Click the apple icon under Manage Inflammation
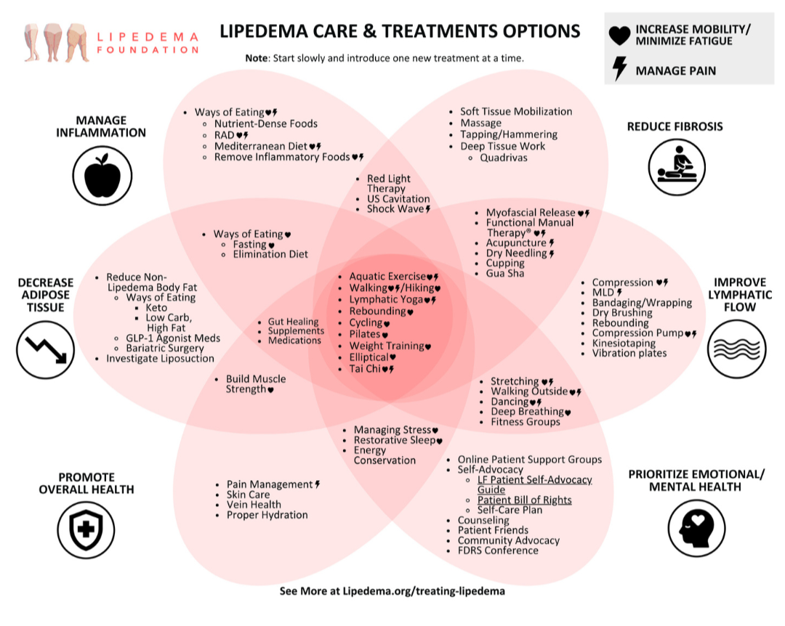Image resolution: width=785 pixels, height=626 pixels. (x=102, y=175)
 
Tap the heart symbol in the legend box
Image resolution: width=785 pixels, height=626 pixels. (x=619, y=35)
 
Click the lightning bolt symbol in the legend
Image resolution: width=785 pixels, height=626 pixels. (x=619, y=69)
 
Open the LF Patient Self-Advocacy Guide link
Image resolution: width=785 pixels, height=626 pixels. (x=534, y=484)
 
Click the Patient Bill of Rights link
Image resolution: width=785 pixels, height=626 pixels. (x=524, y=500)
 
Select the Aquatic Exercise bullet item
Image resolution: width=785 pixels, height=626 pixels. (x=387, y=277)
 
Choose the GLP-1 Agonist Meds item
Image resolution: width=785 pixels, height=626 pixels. (x=173, y=338)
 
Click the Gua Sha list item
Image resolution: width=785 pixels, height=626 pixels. (x=505, y=273)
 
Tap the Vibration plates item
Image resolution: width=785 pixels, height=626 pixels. (x=629, y=353)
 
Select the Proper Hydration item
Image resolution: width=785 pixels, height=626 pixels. (x=267, y=515)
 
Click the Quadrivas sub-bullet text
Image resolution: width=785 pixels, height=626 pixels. (x=503, y=157)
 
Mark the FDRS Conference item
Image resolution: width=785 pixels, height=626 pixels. (x=498, y=550)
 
